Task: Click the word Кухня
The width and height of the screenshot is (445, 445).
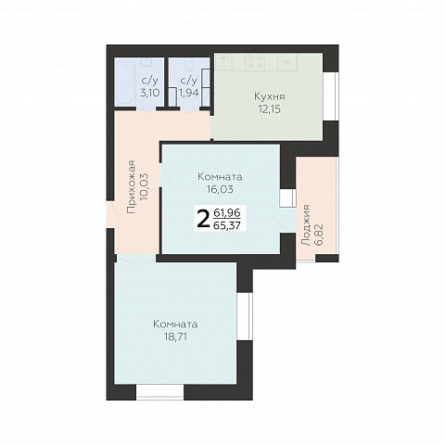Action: [270, 96]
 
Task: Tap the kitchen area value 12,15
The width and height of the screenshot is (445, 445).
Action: [270, 109]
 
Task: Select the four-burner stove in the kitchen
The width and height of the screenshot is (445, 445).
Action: [255, 62]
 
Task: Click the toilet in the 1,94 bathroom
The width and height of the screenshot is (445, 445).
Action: [188, 64]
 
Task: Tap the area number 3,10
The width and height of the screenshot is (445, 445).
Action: [150, 93]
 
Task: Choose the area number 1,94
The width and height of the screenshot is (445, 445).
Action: [188, 93]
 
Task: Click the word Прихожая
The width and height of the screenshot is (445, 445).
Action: [132, 187]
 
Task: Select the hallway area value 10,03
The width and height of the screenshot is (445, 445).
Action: [144, 187]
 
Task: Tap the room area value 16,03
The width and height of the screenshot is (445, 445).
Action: [220, 189]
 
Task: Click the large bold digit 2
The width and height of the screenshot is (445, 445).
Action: [202, 218]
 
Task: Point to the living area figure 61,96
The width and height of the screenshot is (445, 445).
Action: [227, 212]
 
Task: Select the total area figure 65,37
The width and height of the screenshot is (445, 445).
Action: [227, 225]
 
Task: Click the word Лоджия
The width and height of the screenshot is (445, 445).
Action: [306, 224]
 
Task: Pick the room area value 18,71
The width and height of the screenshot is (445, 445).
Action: [175, 337]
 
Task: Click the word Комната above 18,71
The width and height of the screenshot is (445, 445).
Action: [175, 324]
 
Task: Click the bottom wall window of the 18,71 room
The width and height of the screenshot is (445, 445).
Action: [160, 392]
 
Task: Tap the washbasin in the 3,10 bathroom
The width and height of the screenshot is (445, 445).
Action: [146, 62]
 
